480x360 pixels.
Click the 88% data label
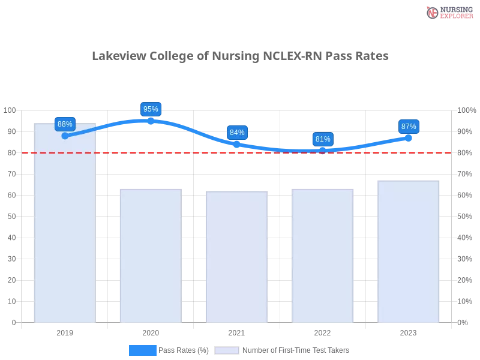(x=65, y=124)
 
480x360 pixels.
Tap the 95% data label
(x=151, y=109)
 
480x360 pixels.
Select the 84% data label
(x=237, y=133)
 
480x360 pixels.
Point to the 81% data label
(x=323, y=139)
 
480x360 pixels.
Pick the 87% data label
(x=409, y=127)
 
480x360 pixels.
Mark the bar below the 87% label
(x=408, y=251)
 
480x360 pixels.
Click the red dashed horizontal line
(x=180, y=152)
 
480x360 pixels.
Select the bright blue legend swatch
(x=142, y=350)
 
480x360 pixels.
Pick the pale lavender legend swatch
(x=227, y=350)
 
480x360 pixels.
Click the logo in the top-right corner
(x=448, y=12)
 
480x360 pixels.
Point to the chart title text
(x=240, y=56)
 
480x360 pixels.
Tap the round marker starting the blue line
(x=65, y=136)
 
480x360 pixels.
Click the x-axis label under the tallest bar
(x=65, y=332)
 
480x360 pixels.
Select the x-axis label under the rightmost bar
(x=408, y=331)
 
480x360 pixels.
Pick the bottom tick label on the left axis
(x=13, y=322)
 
